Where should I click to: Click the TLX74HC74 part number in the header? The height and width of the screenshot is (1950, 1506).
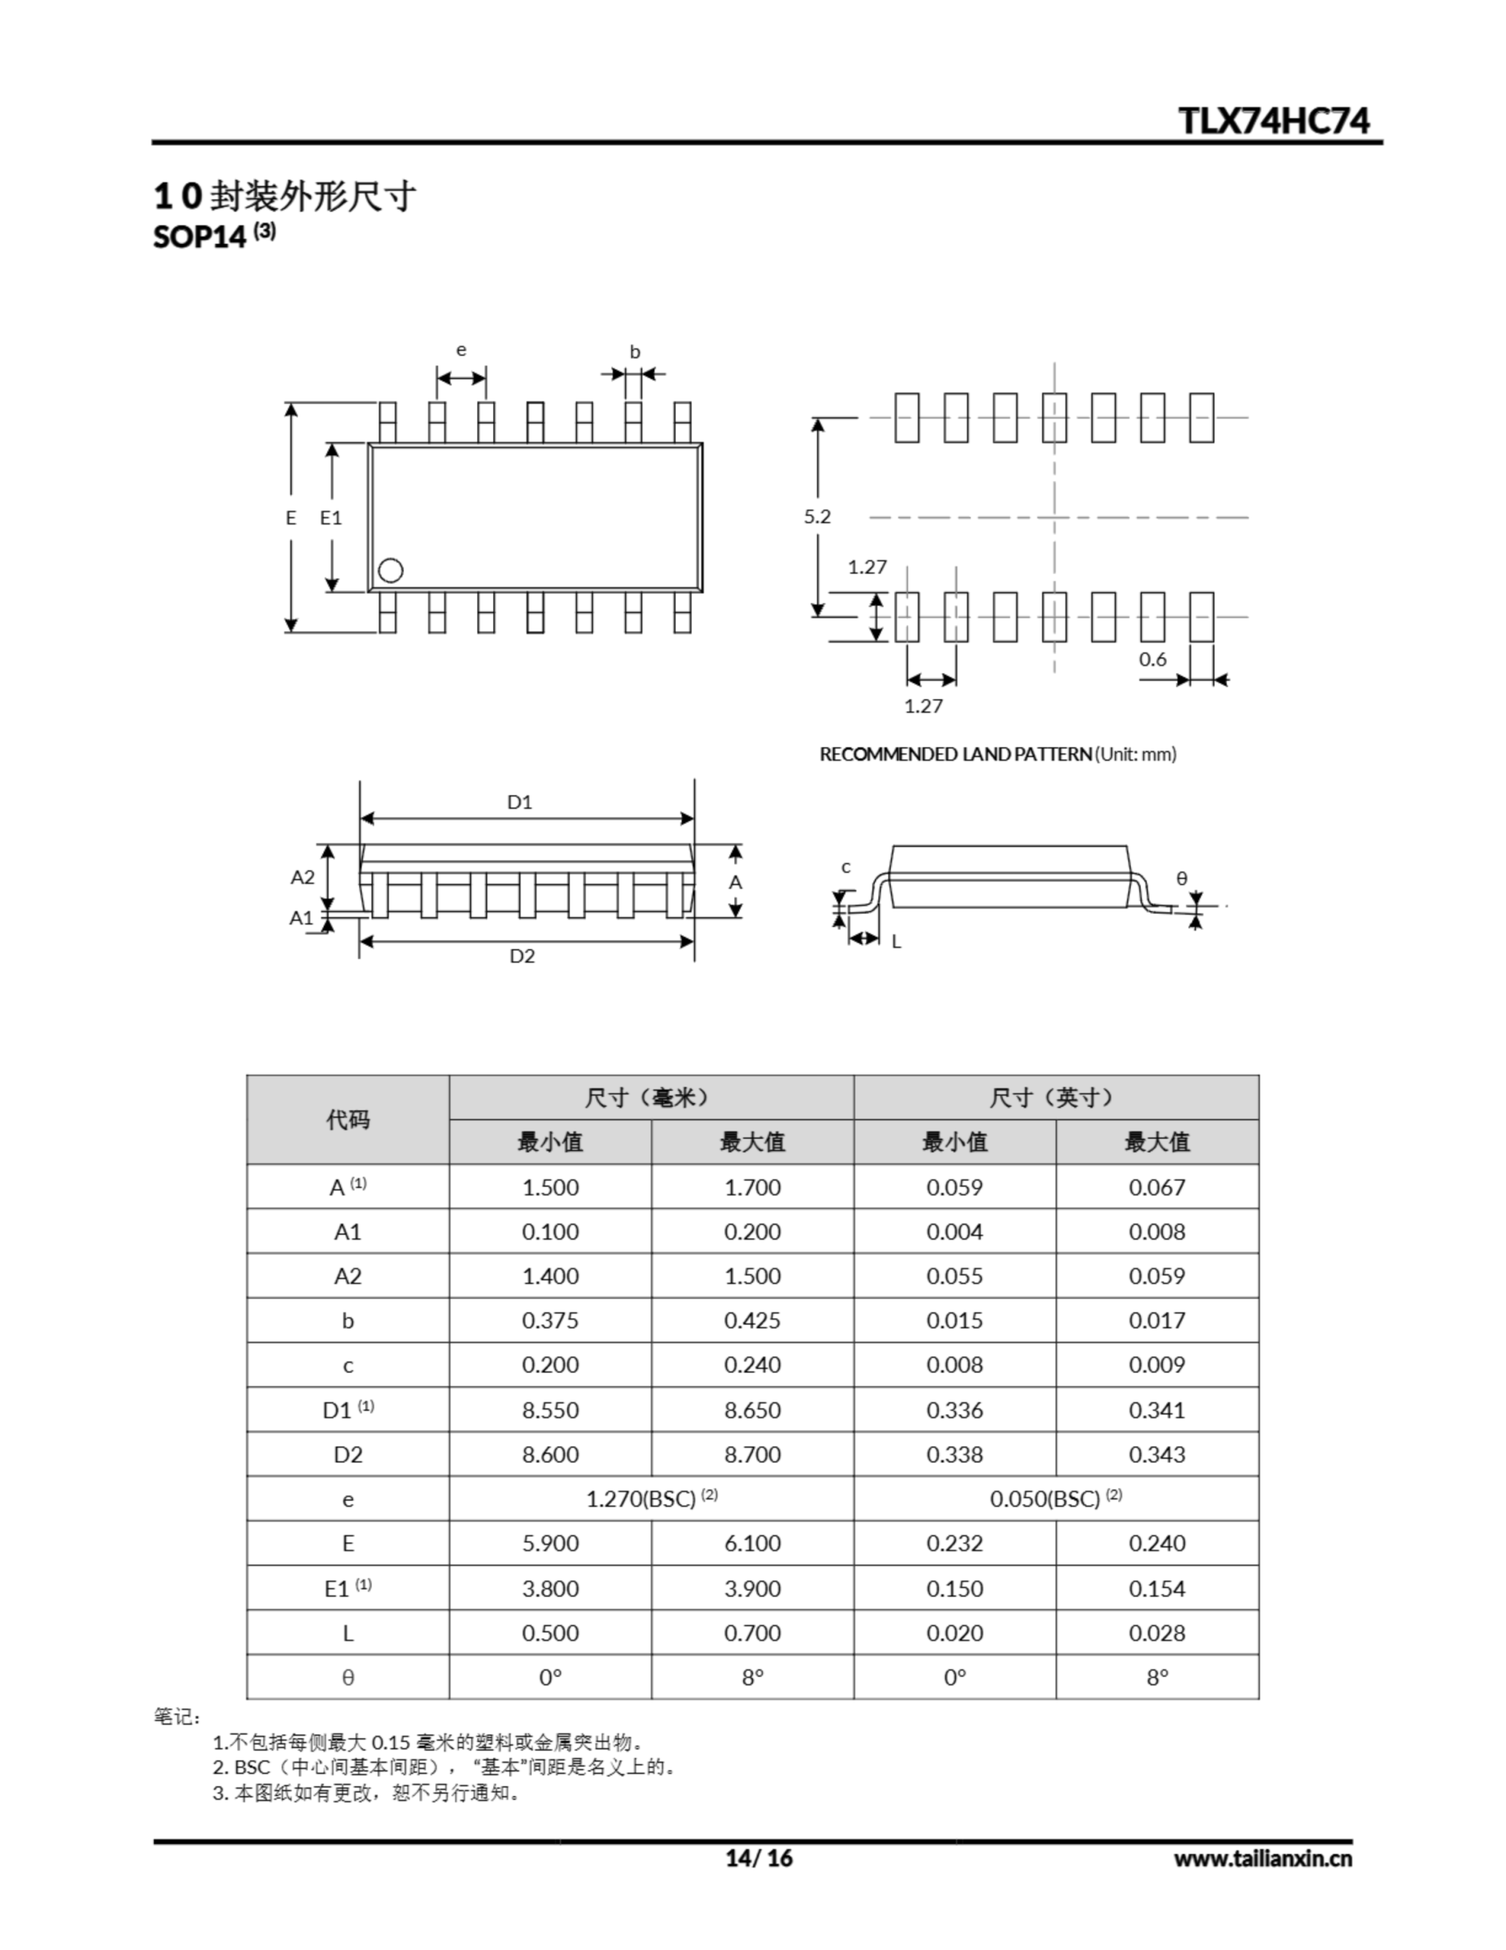coord(1273,120)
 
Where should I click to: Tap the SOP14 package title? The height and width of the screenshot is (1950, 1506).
coord(199,238)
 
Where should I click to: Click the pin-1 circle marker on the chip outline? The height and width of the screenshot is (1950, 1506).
coord(390,570)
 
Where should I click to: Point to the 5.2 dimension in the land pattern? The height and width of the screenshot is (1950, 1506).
coord(817,516)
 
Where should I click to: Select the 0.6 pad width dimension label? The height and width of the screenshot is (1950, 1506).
coord(1153,659)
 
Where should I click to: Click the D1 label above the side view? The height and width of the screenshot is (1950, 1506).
coord(519,802)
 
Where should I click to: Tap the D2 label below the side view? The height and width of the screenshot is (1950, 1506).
coord(522,956)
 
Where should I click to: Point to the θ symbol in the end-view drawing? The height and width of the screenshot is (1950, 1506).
coord(1182,878)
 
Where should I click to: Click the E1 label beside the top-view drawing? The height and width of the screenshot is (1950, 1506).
coord(331,518)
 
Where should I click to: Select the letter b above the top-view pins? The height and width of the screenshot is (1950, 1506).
coord(635,352)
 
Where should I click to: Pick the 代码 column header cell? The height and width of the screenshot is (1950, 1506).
coord(347,1119)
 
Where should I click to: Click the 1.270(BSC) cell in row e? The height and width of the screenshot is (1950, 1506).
coord(651,1498)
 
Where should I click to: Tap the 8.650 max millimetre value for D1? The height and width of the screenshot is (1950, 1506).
coord(751,1410)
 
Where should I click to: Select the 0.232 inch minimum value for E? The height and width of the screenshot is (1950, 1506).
coord(953,1542)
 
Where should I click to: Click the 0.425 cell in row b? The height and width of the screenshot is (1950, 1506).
coord(751,1321)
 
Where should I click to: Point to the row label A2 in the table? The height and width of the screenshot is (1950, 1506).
coord(347,1276)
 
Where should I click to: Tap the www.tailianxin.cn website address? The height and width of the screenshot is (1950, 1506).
coord(1262,1858)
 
